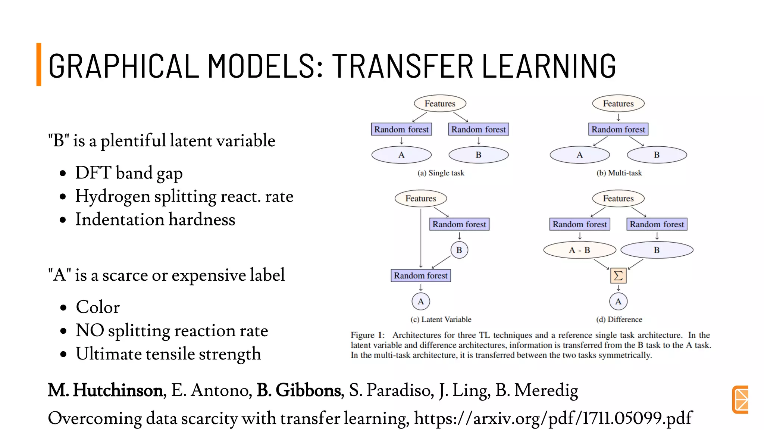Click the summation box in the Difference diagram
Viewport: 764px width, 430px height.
pos(618,276)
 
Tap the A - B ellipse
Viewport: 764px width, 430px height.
pos(579,250)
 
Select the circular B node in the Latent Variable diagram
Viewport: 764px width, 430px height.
pos(459,250)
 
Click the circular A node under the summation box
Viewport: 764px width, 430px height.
pos(618,302)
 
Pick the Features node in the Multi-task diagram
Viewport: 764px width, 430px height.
pos(618,103)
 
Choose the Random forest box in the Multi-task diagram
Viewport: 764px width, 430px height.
pos(618,130)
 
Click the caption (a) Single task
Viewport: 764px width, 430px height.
pos(441,173)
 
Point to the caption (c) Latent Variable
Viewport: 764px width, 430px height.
pos(441,320)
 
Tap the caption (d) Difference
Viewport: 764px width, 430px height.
pos(619,320)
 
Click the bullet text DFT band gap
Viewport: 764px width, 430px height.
pos(129,173)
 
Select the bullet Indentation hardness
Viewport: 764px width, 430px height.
pos(155,219)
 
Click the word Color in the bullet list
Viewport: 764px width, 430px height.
pos(98,307)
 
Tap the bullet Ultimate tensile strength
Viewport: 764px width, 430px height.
pos(168,354)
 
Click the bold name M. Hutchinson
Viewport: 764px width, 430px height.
pos(106,390)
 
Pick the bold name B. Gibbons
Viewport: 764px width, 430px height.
pos(299,390)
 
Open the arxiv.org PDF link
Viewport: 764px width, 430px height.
pos(553,418)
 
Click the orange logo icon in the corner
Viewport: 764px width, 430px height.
pos(740,399)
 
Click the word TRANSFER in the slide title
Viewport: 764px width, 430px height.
pos(402,66)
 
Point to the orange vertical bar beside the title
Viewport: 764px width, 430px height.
pos(39,64)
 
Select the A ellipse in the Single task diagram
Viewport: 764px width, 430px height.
pos(401,155)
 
